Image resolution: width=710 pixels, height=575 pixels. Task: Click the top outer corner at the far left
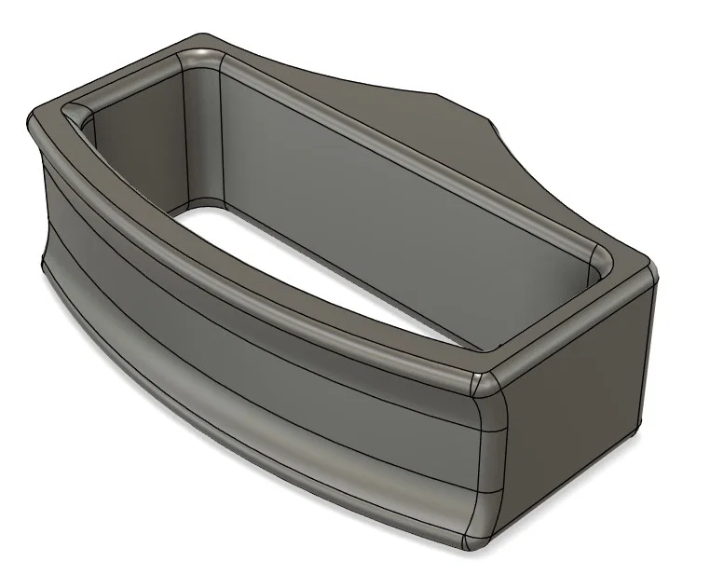(x=37, y=116)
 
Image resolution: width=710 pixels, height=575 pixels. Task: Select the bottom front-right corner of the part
(x=475, y=541)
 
